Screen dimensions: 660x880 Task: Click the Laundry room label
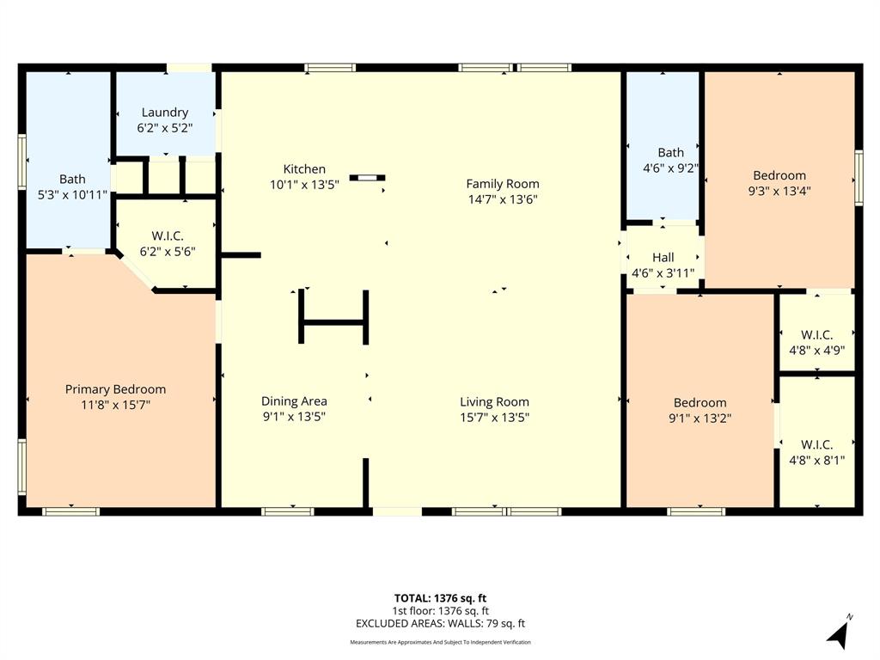[165, 113]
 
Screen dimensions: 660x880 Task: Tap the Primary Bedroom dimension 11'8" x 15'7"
[115, 405]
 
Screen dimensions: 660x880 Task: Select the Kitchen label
[304, 169]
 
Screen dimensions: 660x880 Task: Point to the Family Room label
[503, 183]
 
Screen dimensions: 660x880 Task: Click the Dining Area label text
[294, 401]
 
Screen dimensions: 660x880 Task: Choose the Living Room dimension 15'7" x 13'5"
[494, 418]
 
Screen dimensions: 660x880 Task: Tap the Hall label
[663, 257]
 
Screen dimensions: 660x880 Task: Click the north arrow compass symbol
[839, 633]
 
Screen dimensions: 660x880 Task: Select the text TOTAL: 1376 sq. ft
[440, 598]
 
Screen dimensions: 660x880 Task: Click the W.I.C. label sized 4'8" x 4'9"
[816, 334]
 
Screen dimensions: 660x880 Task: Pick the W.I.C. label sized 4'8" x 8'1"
[816, 444]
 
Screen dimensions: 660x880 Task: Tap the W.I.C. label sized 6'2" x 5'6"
[168, 235]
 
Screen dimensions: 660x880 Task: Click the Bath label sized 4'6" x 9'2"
[671, 153]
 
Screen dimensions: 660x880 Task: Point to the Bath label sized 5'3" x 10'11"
[72, 180]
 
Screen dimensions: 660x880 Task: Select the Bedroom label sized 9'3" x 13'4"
[779, 176]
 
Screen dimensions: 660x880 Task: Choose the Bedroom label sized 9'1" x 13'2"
[700, 403]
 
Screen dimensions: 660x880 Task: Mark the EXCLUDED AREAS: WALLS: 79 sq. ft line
[440, 624]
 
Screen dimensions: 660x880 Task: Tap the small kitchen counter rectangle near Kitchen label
[368, 178]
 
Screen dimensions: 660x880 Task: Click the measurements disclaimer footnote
[440, 643]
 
